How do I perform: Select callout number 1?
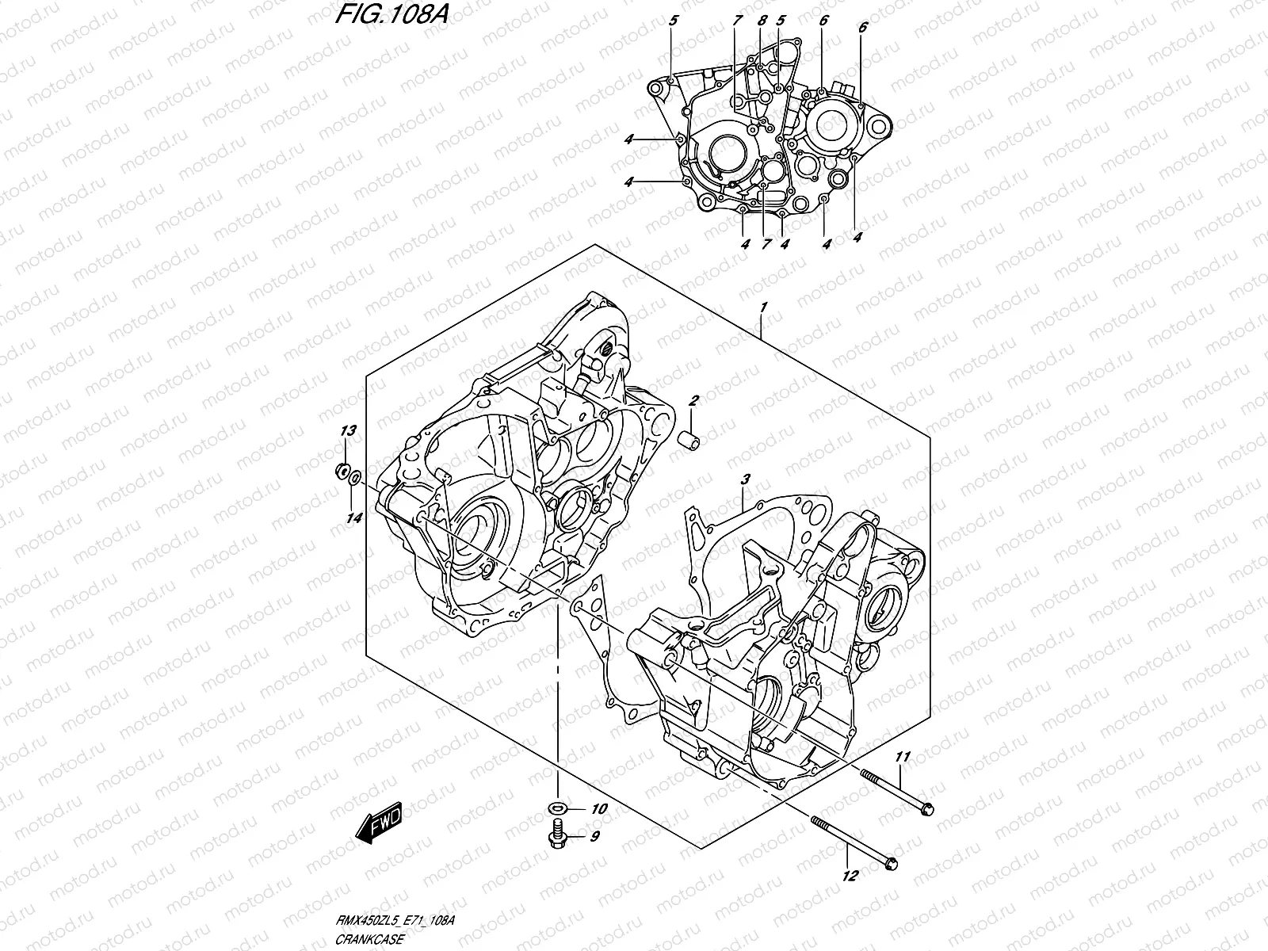pos(762,306)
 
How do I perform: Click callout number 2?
pos(693,401)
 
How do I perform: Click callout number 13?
pos(348,430)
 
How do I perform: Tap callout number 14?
pos(353,518)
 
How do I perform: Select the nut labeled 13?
pos(345,472)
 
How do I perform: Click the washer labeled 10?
pos(556,809)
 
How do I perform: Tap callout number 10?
pos(598,809)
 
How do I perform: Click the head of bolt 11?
pos(926,809)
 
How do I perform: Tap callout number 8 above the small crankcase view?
pos(762,21)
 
